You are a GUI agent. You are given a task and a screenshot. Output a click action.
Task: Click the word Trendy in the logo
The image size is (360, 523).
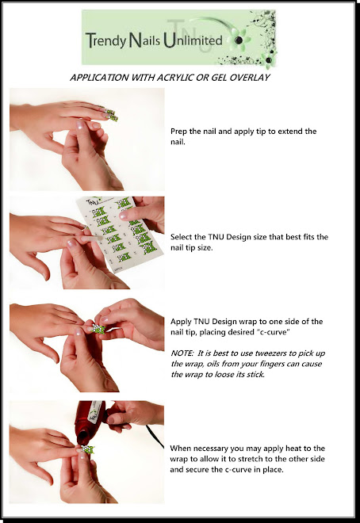(105, 40)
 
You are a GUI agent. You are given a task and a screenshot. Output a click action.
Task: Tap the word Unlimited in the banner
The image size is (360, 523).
(193, 40)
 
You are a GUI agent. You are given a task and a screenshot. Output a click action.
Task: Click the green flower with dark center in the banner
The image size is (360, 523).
(238, 40)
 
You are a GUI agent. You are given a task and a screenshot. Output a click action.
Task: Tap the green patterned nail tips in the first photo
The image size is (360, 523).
(110, 114)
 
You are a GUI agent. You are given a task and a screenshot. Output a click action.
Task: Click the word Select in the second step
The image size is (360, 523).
(181, 237)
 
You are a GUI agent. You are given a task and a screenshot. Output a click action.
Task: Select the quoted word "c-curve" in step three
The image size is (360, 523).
(274, 333)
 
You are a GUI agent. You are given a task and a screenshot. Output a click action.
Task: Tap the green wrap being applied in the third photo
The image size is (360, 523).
(99, 329)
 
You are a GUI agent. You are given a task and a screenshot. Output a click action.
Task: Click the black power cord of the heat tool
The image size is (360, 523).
(155, 436)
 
